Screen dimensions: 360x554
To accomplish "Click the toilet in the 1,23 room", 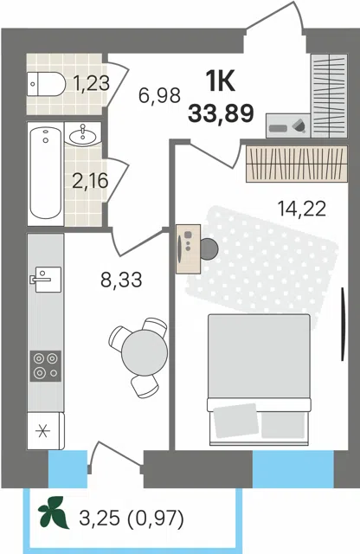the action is click(46, 84).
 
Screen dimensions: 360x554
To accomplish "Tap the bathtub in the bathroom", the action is click(46, 173).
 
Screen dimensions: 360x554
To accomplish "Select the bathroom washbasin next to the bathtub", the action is click(83, 134).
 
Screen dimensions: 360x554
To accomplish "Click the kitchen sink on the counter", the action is click(46, 279).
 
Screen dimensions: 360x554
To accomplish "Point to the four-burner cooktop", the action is click(45, 366).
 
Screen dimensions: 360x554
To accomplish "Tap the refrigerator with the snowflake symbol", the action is click(46, 431).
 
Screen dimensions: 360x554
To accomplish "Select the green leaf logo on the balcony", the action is click(54, 512).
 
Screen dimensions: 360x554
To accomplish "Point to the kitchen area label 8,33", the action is click(121, 280).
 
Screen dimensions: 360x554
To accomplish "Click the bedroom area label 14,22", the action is click(301, 209).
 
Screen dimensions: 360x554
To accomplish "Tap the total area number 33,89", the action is click(222, 113).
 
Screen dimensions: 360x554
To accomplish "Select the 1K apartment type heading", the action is click(221, 81).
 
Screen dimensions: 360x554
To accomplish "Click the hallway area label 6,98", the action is click(159, 95).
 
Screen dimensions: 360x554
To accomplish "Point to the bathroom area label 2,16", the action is click(90, 181).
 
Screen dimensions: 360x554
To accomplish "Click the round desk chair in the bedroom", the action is click(209, 249).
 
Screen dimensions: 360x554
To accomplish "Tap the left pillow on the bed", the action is click(235, 421).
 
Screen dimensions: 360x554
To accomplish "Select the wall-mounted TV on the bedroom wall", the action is click(343, 325).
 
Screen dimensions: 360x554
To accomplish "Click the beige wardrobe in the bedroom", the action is click(297, 164).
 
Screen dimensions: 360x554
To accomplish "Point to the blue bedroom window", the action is click(293, 469).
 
